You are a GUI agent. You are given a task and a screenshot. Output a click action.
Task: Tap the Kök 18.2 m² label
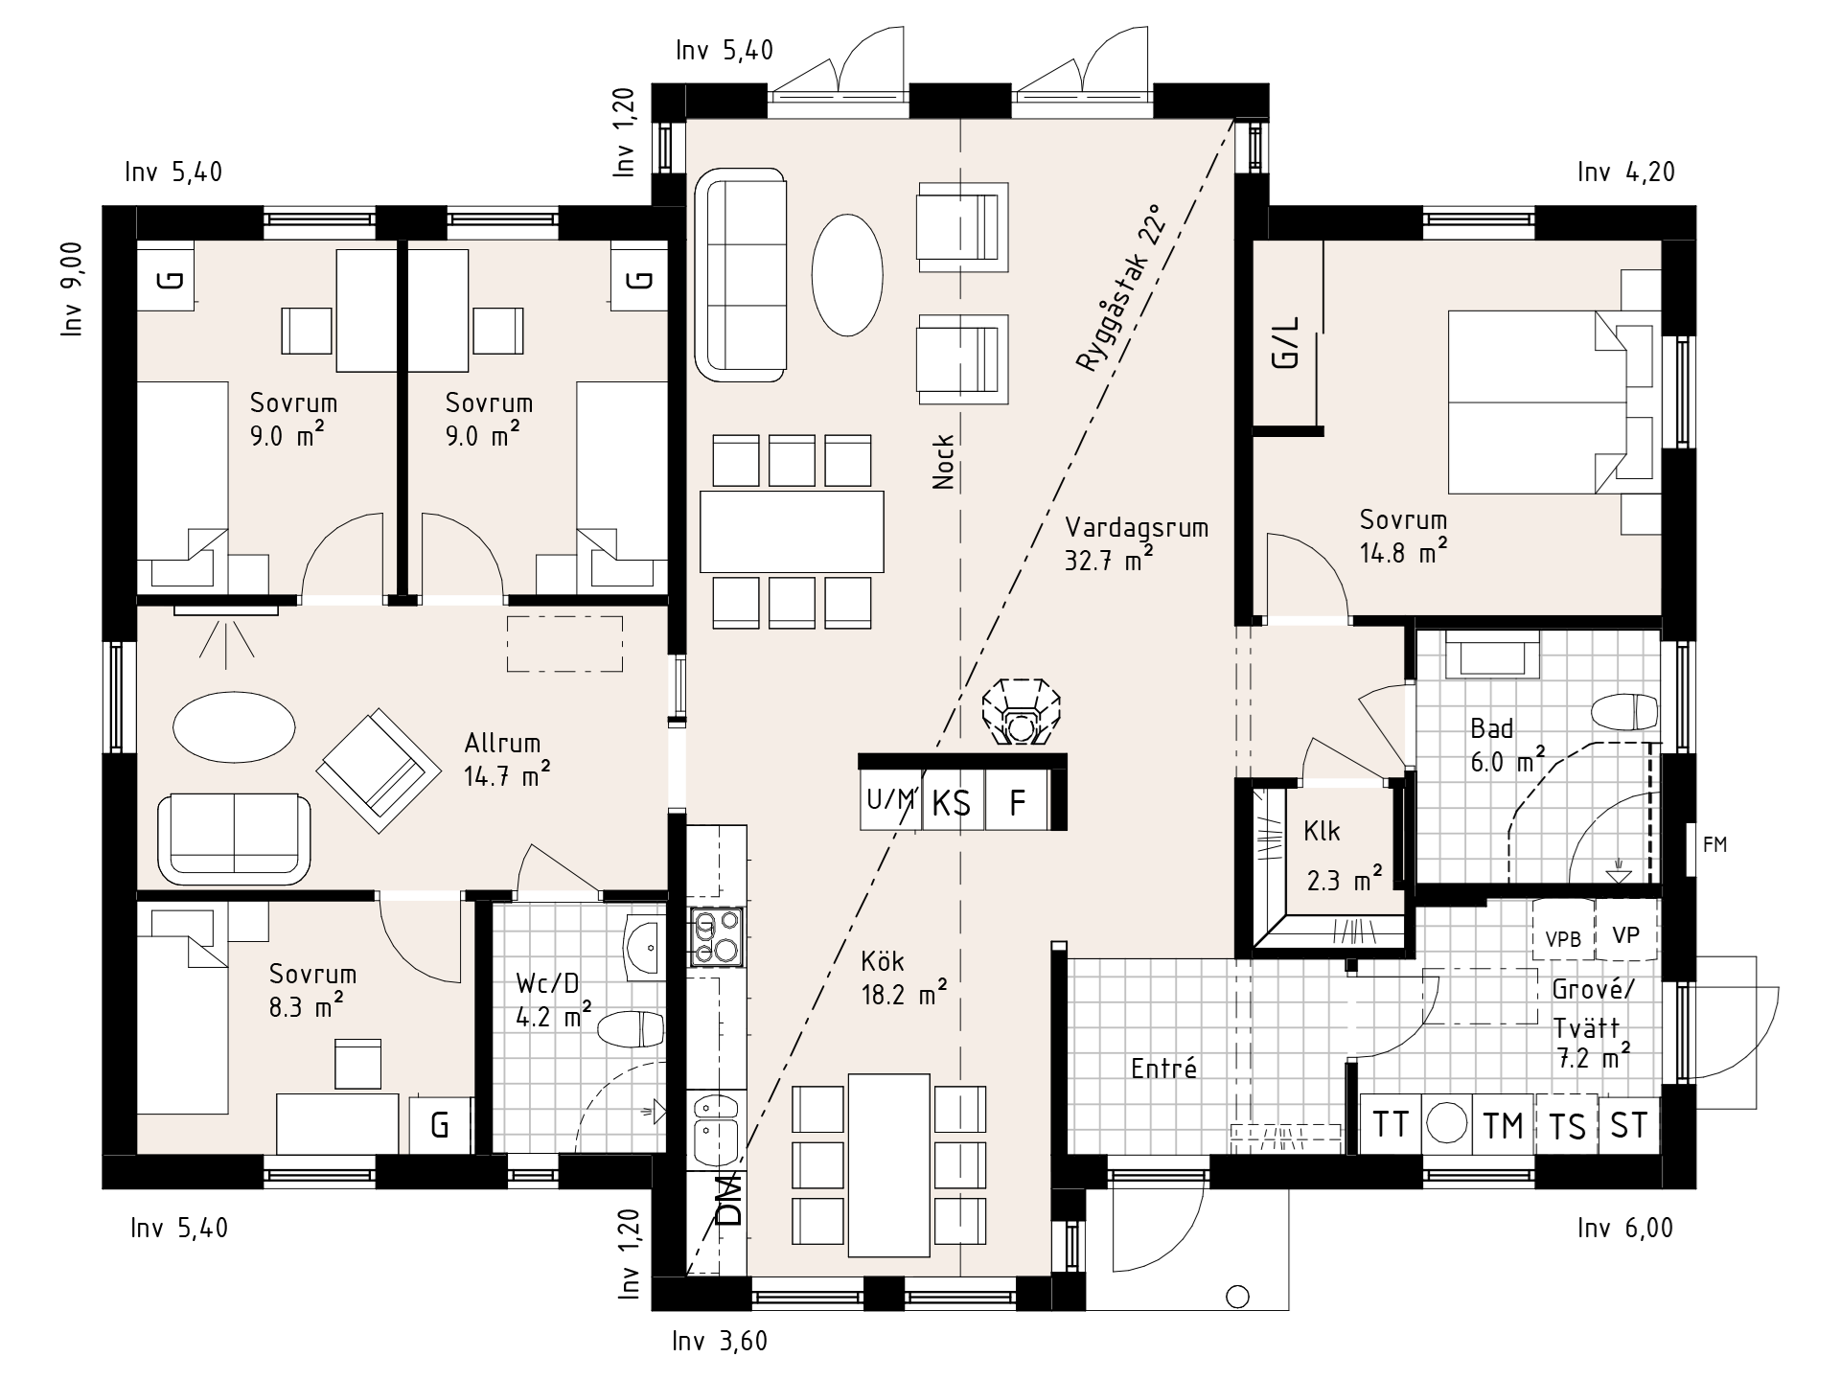905,977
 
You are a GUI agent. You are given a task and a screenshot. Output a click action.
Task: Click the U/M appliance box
890,799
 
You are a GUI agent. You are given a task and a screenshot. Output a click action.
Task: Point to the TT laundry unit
1391,1123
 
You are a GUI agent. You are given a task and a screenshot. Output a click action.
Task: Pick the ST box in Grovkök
1629,1123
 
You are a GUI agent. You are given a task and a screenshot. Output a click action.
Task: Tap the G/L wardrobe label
1287,342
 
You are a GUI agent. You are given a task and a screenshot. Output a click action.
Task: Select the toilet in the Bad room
1623,713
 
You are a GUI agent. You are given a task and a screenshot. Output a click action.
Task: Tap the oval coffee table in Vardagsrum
846,273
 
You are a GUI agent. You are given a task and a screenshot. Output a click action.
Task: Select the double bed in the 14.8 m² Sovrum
1537,401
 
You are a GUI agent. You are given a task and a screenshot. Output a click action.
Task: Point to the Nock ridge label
943,462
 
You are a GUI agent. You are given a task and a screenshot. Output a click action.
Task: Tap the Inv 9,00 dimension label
73,288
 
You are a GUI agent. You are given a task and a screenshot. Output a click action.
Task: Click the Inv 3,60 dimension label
720,1341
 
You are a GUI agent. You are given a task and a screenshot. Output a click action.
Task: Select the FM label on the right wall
1714,845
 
